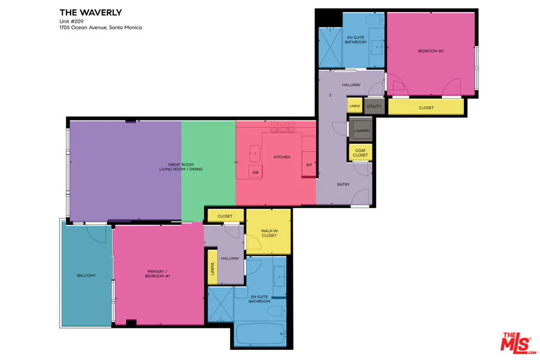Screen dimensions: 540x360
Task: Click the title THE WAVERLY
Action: pyautogui.click(x=91, y=13)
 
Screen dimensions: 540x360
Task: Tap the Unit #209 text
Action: pyautogui.click(x=71, y=21)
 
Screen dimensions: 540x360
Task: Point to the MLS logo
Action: pyautogui.click(x=518, y=343)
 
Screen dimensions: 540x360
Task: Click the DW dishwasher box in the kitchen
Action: pyautogui.click(x=255, y=172)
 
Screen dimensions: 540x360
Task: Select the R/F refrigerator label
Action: pyautogui.click(x=309, y=165)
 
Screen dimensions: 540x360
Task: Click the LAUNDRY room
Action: pyautogui.click(x=361, y=130)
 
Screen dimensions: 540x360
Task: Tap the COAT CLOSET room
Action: pyautogui.click(x=360, y=152)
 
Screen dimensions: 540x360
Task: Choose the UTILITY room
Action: pyautogui.click(x=374, y=106)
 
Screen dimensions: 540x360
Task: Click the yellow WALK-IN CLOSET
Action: pyautogui.click(x=268, y=231)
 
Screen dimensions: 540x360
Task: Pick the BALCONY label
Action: pyautogui.click(x=86, y=275)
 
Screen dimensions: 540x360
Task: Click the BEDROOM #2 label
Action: pyautogui.click(x=430, y=51)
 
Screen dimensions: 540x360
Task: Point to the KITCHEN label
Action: pyautogui.click(x=282, y=157)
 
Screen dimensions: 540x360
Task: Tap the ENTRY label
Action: pyautogui.click(x=343, y=184)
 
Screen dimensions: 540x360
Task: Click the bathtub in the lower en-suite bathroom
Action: pyautogui.click(x=261, y=334)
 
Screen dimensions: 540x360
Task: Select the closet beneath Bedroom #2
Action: pyautogui.click(x=426, y=107)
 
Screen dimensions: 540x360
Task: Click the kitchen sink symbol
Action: pyautogui.click(x=255, y=154)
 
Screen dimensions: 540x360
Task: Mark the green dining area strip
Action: pyautogui.click(x=208, y=171)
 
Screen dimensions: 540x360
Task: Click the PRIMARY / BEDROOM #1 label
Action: pyautogui.click(x=157, y=274)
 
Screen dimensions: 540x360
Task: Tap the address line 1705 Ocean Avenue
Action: pyautogui.click(x=101, y=27)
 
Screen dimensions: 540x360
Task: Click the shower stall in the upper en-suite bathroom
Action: pyautogui.click(x=330, y=47)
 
